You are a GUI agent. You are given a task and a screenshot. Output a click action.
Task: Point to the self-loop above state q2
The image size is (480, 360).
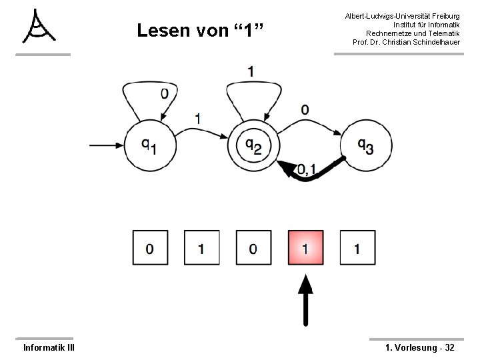tap(251, 93)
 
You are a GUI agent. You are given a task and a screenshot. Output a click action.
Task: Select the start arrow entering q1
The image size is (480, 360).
tap(107, 144)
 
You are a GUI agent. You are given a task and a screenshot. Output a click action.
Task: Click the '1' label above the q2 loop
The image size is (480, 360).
tap(251, 71)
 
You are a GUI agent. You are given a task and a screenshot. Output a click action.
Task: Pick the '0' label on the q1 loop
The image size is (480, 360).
tap(165, 94)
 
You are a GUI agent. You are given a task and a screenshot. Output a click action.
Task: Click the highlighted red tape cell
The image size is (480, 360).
tap(305, 249)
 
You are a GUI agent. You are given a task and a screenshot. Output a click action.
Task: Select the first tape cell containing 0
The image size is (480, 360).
tap(150, 249)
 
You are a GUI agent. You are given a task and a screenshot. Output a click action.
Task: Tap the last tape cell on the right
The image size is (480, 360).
tap(357, 249)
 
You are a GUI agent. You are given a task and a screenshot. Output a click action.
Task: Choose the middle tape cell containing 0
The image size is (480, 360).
tap(253, 249)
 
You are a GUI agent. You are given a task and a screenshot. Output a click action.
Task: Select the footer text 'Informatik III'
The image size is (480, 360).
tap(49, 347)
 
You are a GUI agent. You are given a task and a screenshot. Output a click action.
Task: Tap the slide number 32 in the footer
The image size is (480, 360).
tap(449, 347)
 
